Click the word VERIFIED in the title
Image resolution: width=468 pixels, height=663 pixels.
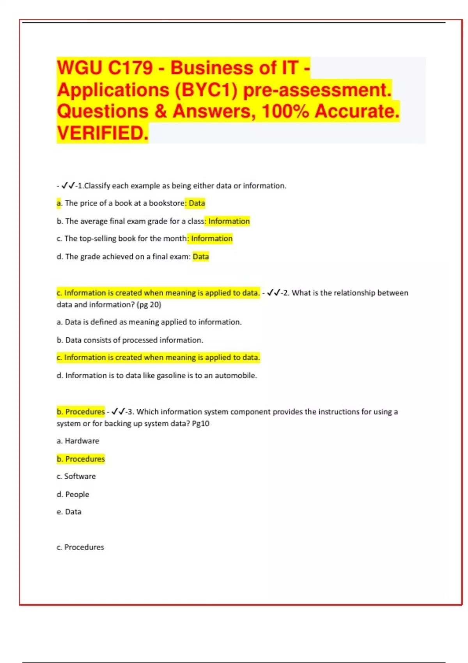tap(102, 133)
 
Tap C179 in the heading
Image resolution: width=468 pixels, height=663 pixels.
tap(130, 68)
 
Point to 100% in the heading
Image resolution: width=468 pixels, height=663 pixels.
tap(285, 111)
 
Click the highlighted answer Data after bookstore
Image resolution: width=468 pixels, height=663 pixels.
tap(197, 203)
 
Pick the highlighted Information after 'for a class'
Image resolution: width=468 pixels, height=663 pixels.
tap(229, 221)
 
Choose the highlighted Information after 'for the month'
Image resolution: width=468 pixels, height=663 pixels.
tap(211, 239)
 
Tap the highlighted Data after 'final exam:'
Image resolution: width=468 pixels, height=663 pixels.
tap(201, 257)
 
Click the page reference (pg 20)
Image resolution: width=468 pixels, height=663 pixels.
tap(149, 305)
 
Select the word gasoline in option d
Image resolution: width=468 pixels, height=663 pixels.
tap(171, 376)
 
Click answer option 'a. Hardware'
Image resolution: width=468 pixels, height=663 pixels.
tap(78, 441)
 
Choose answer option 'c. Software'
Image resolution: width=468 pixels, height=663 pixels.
tap(76, 476)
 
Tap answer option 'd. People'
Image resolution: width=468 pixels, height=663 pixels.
tap(73, 495)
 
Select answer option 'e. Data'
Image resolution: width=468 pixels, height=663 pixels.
tap(69, 512)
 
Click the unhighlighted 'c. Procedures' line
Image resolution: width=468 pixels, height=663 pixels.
tap(80, 547)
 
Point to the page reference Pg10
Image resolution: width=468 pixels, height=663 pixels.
tap(200, 424)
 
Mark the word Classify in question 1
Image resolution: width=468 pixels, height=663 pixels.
tap(97, 186)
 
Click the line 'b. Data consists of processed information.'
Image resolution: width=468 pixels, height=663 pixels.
tap(130, 340)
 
